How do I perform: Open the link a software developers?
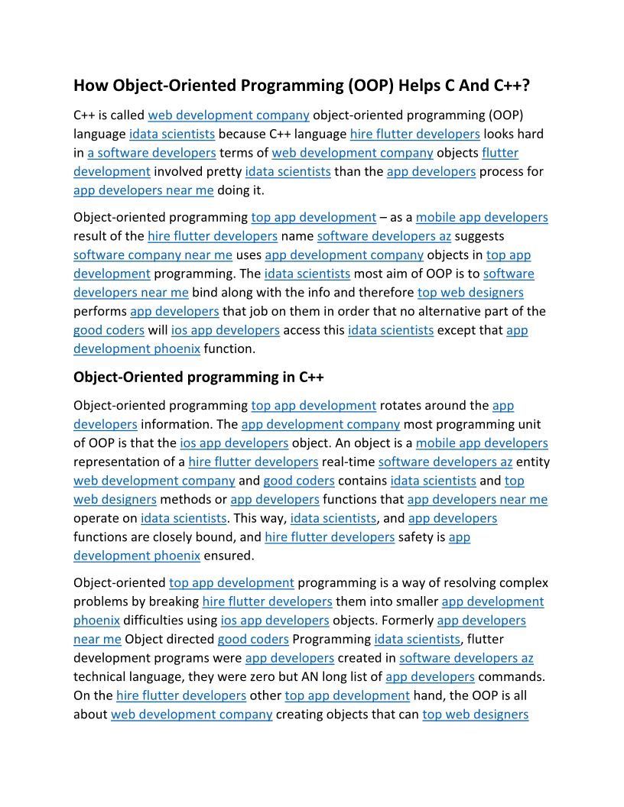151,153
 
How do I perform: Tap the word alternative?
448,312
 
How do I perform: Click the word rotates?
402,406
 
